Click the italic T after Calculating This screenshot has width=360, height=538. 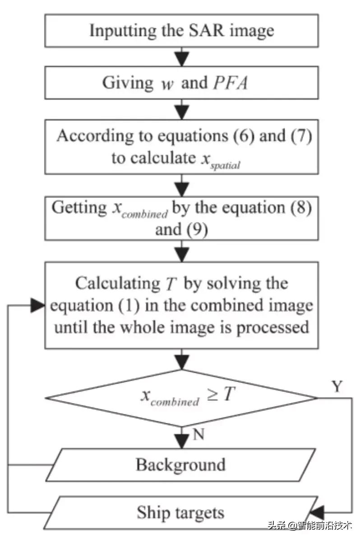(167, 283)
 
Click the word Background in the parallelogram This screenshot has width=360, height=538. (180, 464)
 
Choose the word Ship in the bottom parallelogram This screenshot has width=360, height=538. (152, 512)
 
